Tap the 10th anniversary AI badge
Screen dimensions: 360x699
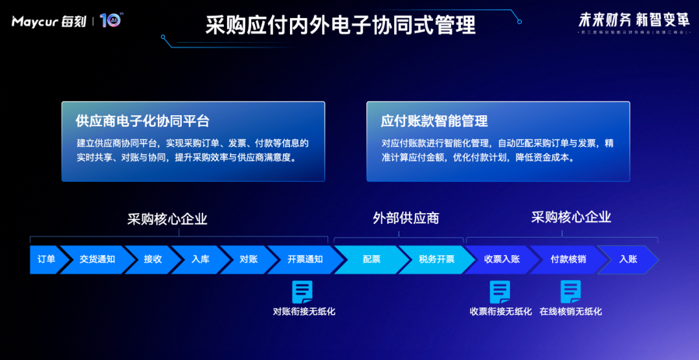(x=111, y=21)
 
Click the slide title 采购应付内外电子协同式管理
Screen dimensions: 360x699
(x=340, y=25)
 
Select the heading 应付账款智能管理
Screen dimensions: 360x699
(x=434, y=121)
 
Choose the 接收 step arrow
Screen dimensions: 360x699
(x=153, y=259)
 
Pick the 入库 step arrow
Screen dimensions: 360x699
(x=200, y=259)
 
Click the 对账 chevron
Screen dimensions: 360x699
(x=249, y=259)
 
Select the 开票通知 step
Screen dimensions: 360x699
(x=305, y=259)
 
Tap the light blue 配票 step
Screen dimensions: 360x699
(x=372, y=259)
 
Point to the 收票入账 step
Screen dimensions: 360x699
(x=502, y=259)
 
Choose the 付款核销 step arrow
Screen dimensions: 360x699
(x=568, y=259)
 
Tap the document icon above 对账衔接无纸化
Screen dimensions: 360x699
(x=302, y=292)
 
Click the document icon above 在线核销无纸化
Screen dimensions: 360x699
(x=570, y=292)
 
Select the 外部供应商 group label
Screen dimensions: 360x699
(x=406, y=218)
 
